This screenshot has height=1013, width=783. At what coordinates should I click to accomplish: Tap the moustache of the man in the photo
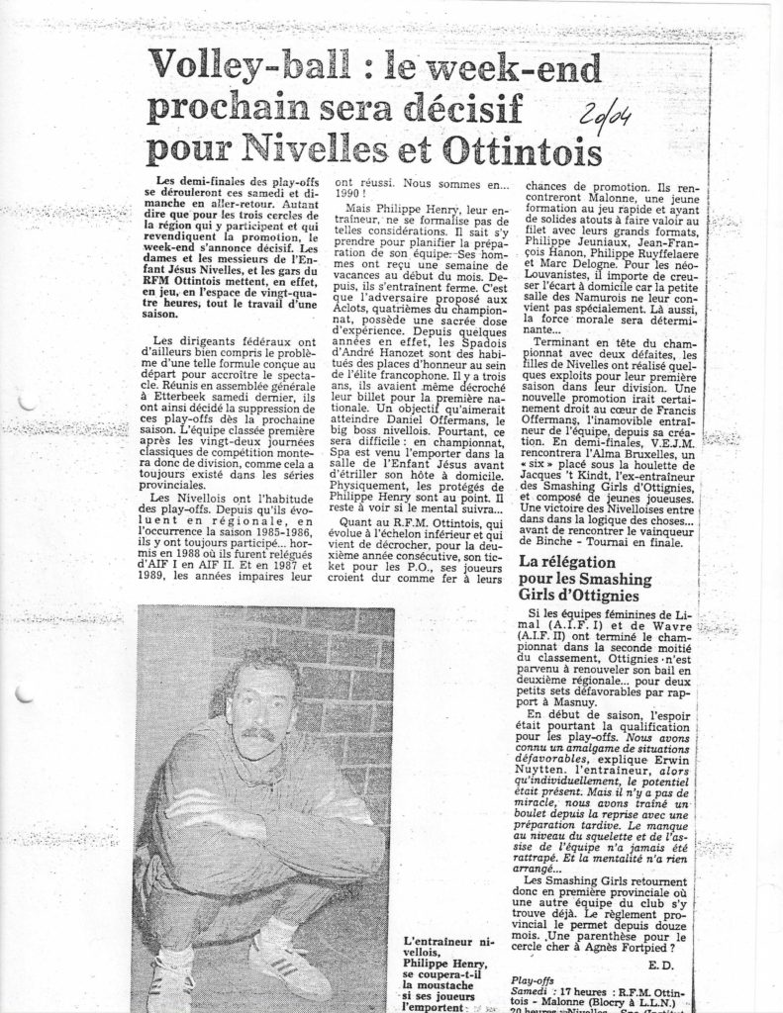(x=257, y=734)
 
